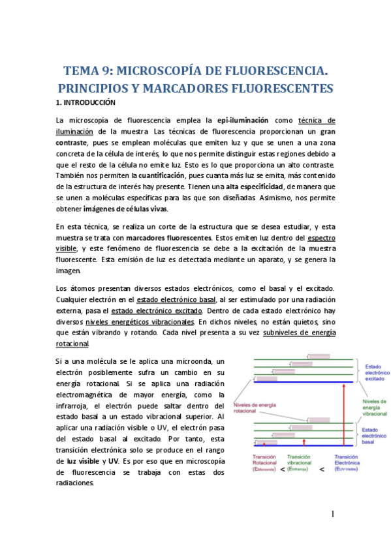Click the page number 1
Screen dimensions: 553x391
coord(332,514)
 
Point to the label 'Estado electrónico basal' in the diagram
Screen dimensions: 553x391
coord(376,436)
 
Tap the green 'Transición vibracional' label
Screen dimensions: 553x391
coord(299,462)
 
